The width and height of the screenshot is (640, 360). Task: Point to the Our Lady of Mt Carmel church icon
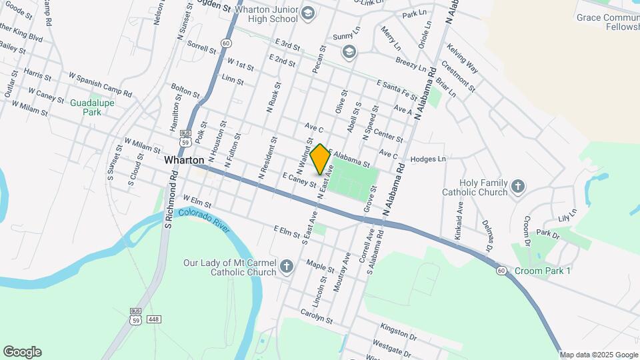click(287, 267)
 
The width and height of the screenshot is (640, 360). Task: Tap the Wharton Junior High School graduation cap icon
click(308, 13)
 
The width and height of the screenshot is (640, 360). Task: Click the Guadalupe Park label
click(92, 107)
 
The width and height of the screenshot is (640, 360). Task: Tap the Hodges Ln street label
click(428, 159)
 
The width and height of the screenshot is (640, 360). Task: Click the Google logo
click(22, 352)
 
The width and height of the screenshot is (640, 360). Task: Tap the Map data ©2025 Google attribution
click(599, 355)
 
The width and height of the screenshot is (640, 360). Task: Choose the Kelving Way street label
click(463, 57)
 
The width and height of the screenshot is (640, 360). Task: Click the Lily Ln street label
click(565, 215)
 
